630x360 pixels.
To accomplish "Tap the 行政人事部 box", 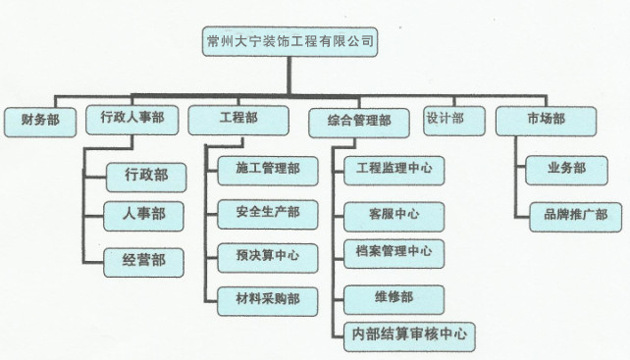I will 131,119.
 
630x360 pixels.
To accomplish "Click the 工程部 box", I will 238,119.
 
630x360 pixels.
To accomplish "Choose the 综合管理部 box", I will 357,121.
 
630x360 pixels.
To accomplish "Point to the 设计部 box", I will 445,119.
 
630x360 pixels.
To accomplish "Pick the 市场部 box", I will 545,119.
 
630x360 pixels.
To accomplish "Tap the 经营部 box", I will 144,261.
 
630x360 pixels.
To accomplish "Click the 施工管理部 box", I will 268,170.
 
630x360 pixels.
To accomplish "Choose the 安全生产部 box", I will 268,212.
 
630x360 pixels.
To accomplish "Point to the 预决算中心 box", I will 268,257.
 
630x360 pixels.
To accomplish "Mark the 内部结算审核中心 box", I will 409,334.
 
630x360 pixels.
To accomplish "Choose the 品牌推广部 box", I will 569,215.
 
